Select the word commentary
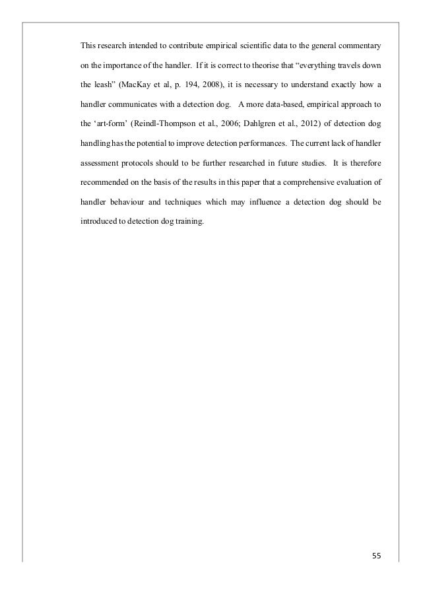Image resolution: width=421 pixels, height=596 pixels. pos(355,46)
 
